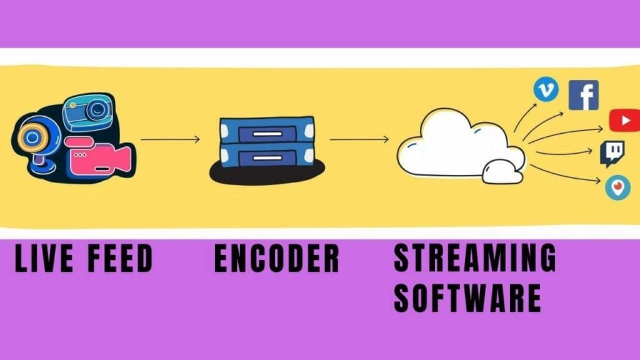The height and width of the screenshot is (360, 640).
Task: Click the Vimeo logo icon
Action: point(546,91)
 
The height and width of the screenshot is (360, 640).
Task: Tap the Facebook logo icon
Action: point(584,95)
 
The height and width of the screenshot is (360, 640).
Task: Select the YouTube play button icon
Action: point(624,120)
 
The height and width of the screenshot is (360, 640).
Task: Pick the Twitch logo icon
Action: point(611,154)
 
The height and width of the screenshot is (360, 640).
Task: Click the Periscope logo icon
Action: point(617,187)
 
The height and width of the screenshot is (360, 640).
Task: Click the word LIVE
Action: point(43,259)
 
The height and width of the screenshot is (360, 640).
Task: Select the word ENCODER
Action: point(276,259)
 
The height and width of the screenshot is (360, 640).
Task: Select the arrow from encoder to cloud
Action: point(359,139)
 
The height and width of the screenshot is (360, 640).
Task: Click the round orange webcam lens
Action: point(31,136)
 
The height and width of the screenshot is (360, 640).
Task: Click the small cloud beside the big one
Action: point(503,171)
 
